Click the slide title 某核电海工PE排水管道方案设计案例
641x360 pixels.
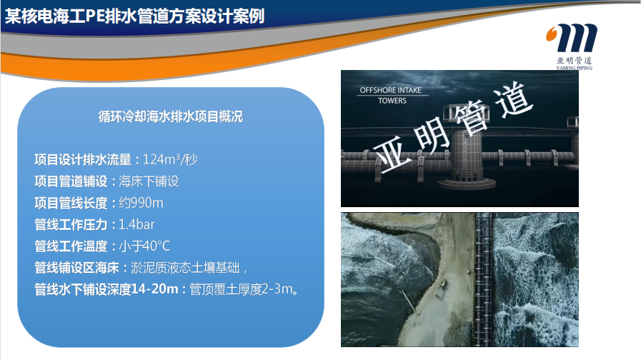pyautogui.click(x=135, y=16)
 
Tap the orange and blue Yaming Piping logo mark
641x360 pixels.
pyautogui.click(x=572, y=38)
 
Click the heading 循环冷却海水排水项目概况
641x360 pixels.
pyautogui.click(x=171, y=117)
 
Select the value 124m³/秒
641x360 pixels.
pyautogui.click(x=170, y=159)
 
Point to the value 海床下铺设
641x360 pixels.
pyautogui.click(x=149, y=181)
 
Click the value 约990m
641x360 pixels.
pyautogui.click(x=141, y=203)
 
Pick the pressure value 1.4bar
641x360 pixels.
pyautogui.click(x=136, y=224)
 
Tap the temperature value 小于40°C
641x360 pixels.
pyautogui.click(x=144, y=246)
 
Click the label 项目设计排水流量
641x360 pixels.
pyautogui.click(x=83, y=159)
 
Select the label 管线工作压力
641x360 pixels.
pyautogui.click(x=71, y=224)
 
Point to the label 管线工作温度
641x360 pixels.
pyautogui.click(x=71, y=246)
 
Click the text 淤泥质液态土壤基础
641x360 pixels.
pyautogui.click(x=185, y=268)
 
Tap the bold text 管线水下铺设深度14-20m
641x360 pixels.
pyautogui.click(x=106, y=289)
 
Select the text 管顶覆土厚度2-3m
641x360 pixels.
pyautogui.click(x=242, y=289)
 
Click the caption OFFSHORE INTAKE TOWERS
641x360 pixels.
pyautogui.click(x=391, y=95)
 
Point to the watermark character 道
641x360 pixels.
pyautogui.click(x=514, y=99)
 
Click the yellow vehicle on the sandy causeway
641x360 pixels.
pyautogui.click(x=442, y=282)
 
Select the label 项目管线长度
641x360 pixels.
pyautogui.click(x=71, y=203)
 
